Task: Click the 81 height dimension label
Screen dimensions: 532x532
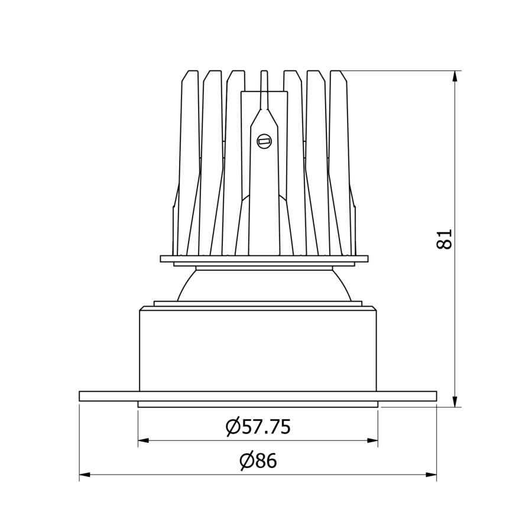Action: click(x=445, y=239)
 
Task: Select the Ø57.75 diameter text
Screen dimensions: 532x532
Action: click(x=258, y=426)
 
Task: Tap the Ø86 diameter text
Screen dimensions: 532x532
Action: click(x=258, y=460)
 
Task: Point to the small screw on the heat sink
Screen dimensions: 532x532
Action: click(x=264, y=141)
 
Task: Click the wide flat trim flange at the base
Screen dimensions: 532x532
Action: click(x=258, y=396)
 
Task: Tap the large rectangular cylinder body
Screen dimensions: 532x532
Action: click(x=258, y=349)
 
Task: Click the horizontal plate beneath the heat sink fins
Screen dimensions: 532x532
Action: click(x=264, y=258)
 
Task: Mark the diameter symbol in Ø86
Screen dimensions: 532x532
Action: click(x=246, y=460)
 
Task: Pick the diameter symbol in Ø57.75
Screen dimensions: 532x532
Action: click(x=233, y=426)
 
